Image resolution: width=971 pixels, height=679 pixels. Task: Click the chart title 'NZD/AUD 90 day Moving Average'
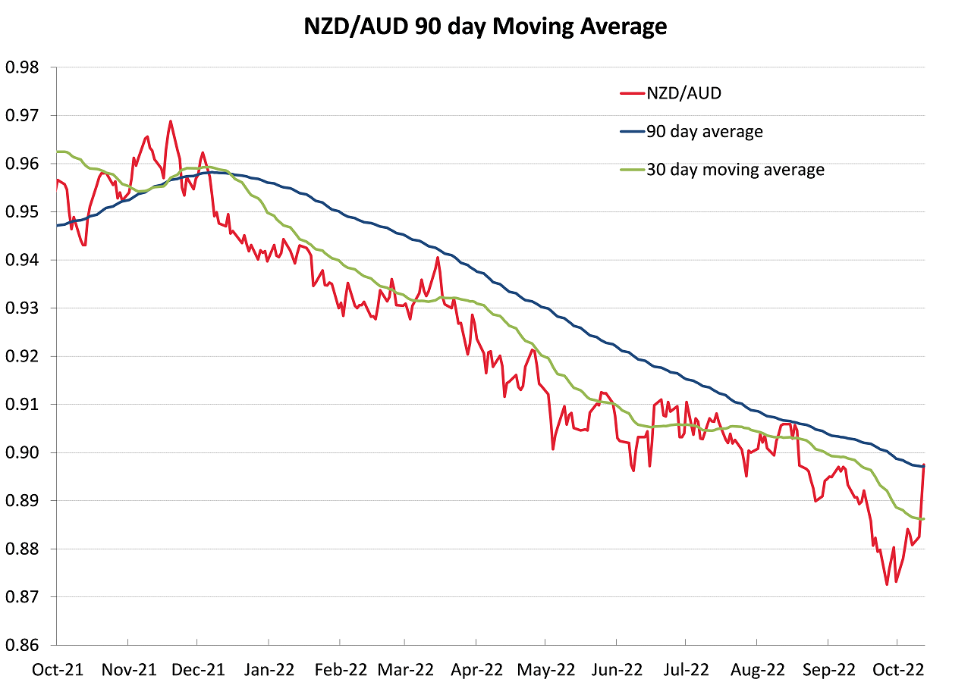[x=485, y=27]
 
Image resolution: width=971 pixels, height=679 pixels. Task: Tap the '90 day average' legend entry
[x=704, y=132]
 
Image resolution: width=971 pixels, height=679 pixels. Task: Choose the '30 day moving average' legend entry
[x=734, y=170]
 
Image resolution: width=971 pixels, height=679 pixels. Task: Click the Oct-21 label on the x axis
[x=57, y=669]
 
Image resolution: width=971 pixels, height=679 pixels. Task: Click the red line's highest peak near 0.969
[x=170, y=121]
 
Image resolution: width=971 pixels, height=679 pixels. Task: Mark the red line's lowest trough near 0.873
[x=886, y=584]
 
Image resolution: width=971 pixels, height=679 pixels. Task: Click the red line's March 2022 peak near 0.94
[x=438, y=258]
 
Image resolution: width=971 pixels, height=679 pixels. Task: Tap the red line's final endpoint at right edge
[x=924, y=465]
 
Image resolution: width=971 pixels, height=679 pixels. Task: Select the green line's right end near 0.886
[x=924, y=518]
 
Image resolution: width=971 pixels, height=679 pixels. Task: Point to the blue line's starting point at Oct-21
[x=57, y=226]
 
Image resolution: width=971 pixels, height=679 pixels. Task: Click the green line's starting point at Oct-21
[x=57, y=152]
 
